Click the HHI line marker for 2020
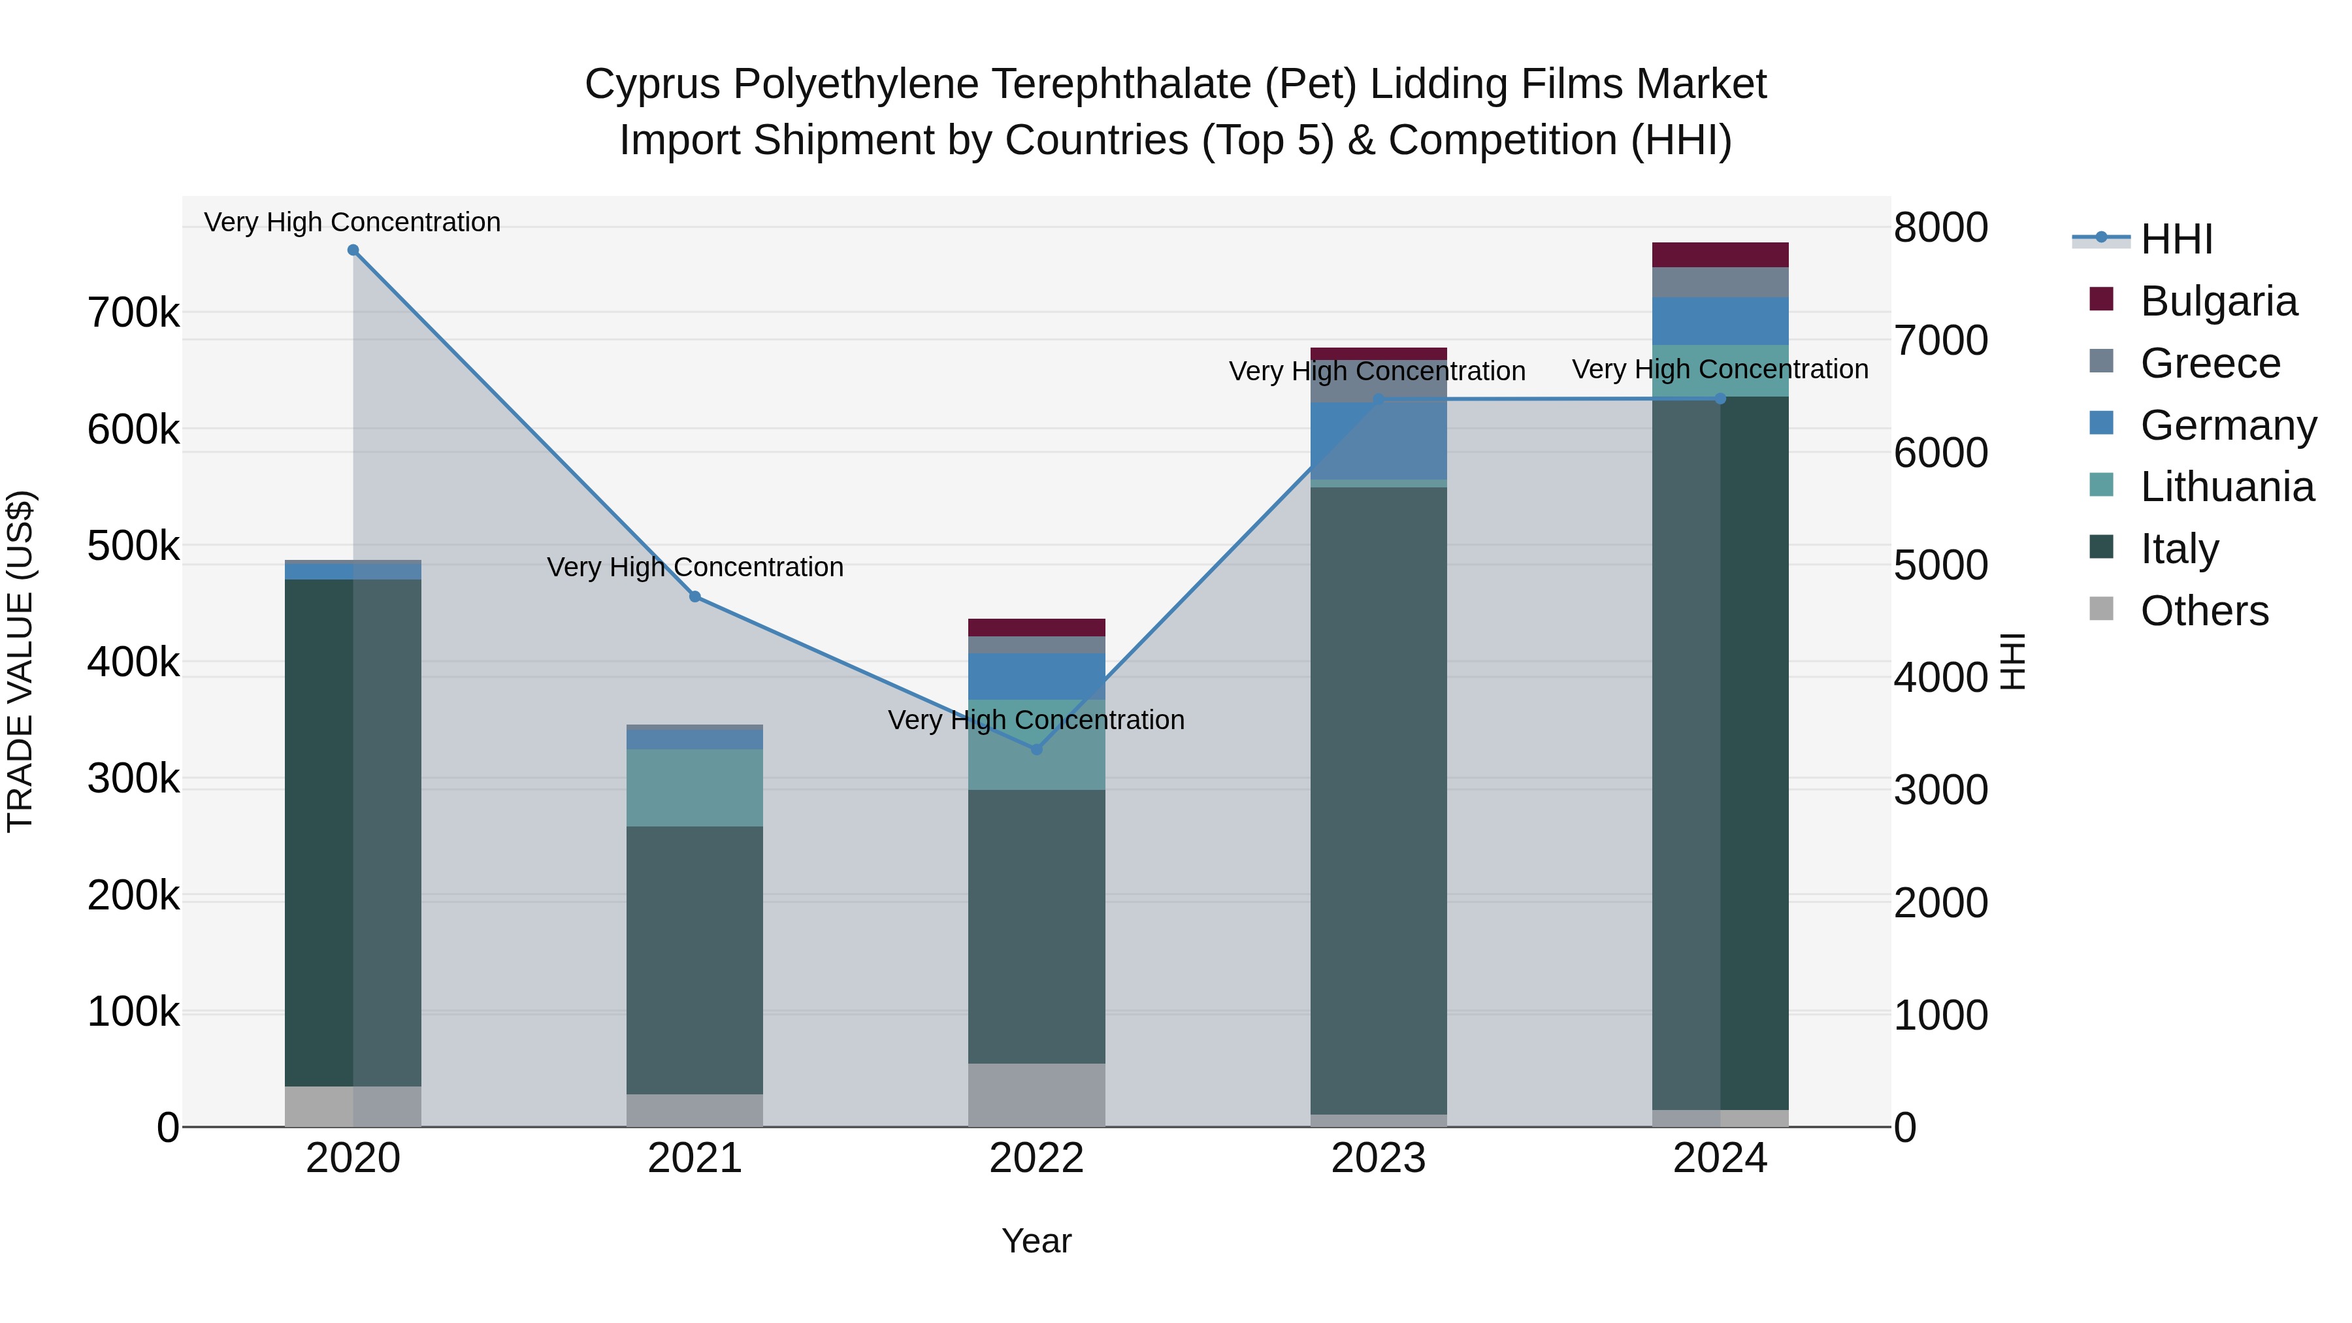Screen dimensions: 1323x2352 pyautogui.click(x=353, y=250)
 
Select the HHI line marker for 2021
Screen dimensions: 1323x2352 pyautogui.click(x=695, y=597)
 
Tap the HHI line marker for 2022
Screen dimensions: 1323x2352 pyautogui.click(x=1036, y=749)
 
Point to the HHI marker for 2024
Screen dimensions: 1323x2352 pyautogui.click(x=1720, y=399)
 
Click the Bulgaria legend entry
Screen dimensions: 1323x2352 pyautogui.click(x=2218, y=301)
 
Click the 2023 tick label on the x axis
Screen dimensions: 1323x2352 pyautogui.click(x=1378, y=1158)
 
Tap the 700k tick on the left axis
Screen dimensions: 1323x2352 pyautogui.click(x=133, y=313)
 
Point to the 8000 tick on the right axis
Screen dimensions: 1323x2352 pyautogui.click(x=1940, y=227)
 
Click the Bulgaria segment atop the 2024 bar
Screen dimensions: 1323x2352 pyautogui.click(x=1720, y=255)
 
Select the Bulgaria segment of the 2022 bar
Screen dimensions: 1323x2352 pyautogui.click(x=1036, y=627)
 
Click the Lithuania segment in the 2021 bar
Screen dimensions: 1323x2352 pyautogui.click(x=695, y=787)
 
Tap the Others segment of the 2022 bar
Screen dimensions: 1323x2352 pyautogui.click(x=1036, y=1095)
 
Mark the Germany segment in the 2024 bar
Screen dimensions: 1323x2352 pyautogui.click(x=1720, y=321)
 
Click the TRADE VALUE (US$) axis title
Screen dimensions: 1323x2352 pyautogui.click(x=20, y=661)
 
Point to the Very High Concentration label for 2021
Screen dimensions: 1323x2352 pyautogui.click(x=695, y=567)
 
